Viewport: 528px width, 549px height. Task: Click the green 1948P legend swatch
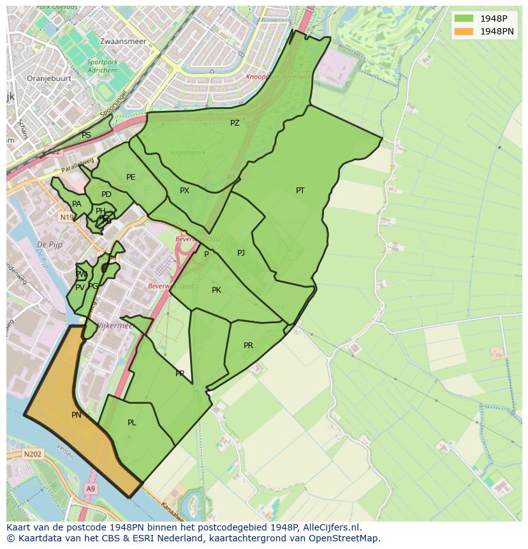[464, 18]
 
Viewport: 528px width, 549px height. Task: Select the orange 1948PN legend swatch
[464, 31]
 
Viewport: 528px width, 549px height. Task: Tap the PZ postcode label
[235, 123]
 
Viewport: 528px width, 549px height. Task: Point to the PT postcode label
[300, 191]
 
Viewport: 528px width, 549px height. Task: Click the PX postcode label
[184, 191]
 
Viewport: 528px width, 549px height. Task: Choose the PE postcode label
[131, 177]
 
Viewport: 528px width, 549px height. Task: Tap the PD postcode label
[106, 194]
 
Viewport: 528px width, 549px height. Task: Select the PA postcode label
[77, 204]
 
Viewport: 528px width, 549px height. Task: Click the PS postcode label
[86, 135]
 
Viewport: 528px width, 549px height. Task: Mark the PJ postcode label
[241, 253]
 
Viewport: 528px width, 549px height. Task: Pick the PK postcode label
[216, 290]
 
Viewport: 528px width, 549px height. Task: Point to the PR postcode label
[248, 346]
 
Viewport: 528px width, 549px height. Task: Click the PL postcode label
[131, 423]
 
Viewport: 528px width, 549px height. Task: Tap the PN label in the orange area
[76, 415]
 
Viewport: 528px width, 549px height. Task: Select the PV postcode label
[80, 288]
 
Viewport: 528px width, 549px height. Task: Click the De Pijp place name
[48, 245]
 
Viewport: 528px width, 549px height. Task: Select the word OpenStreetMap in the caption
[344, 538]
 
